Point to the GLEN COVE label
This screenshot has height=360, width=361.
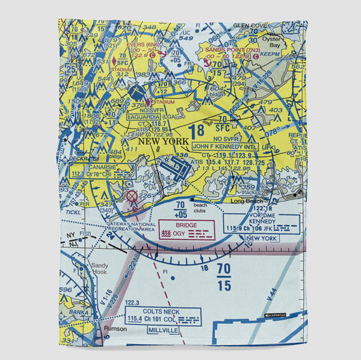click(x=249, y=25)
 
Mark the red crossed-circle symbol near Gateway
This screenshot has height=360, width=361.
click(x=131, y=196)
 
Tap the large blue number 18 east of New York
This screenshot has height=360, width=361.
click(x=197, y=131)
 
